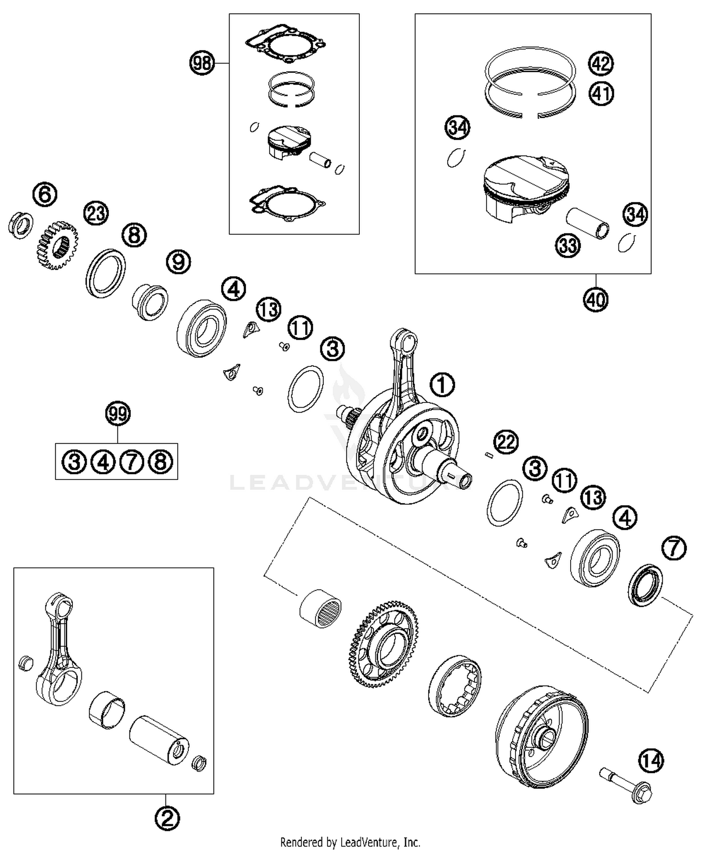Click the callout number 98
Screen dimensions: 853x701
point(202,63)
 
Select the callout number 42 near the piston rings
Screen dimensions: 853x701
point(601,63)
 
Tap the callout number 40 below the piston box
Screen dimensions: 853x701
point(596,299)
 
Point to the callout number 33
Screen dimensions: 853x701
point(568,245)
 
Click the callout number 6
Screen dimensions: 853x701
point(45,194)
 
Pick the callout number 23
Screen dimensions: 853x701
point(96,214)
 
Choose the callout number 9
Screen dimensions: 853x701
point(179,262)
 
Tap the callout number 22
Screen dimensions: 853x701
point(506,442)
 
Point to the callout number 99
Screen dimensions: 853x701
point(118,414)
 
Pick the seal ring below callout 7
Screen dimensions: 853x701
point(645,585)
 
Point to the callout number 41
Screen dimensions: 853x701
point(601,93)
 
